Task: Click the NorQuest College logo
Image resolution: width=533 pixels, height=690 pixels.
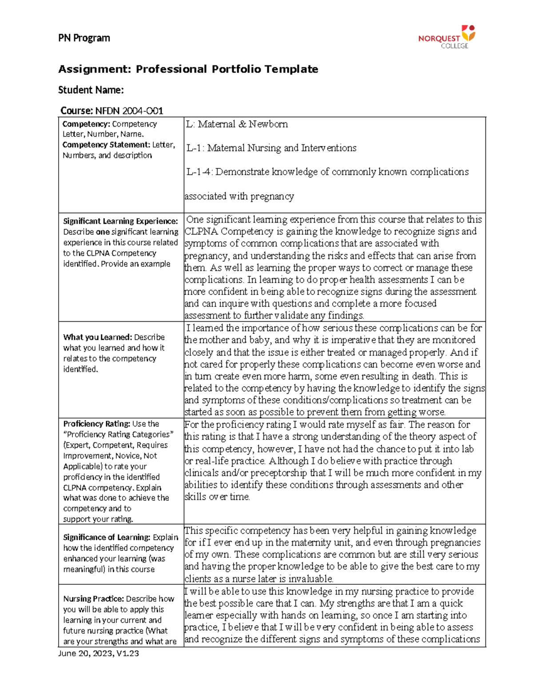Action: click(x=446, y=37)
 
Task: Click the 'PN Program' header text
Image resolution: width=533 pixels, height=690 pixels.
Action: click(x=84, y=38)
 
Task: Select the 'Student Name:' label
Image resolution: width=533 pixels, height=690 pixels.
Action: click(x=91, y=90)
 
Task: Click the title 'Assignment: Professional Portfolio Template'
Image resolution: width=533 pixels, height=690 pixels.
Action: click(x=188, y=69)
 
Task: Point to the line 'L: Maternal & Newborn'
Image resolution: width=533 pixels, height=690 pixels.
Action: click(x=237, y=124)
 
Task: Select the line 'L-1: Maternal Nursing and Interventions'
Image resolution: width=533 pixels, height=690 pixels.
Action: click(x=271, y=148)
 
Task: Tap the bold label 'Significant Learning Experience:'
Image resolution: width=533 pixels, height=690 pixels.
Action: click(x=120, y=221)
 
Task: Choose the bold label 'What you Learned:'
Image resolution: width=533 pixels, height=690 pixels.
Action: click(x=97, y=337)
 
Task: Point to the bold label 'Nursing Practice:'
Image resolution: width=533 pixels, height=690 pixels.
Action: click(x=93, y=599)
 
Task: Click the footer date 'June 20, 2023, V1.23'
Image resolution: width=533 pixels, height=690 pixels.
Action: click(x=99, y=653)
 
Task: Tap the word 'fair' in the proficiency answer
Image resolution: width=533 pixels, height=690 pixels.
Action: click(x=396, y=425)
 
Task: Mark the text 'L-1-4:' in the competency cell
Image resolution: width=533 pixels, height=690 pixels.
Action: click(x=199, y=172)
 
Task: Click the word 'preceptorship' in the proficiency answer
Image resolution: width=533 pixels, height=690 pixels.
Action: click(x=278, y=473)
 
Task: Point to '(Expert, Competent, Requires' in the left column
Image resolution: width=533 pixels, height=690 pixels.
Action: click(x=115, y=445)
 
